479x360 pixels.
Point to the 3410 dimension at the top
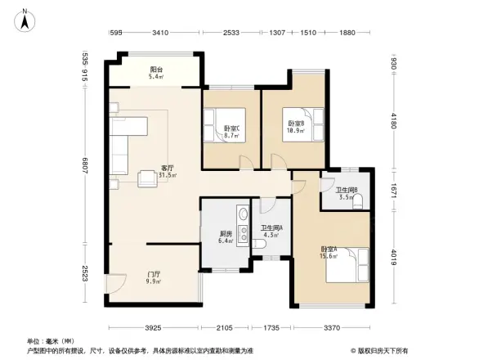pos(160,33)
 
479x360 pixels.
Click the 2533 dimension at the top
pos(232,33)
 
